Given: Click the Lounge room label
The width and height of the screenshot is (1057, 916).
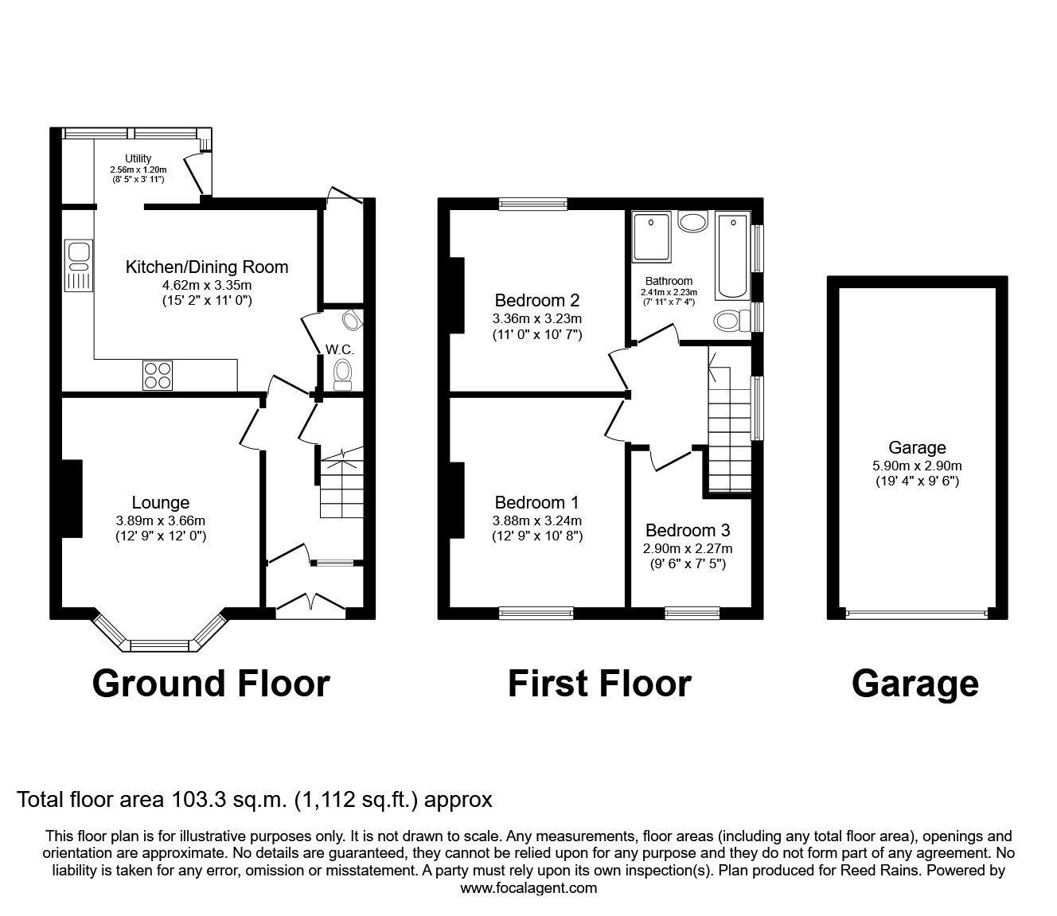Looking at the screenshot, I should [161, 502].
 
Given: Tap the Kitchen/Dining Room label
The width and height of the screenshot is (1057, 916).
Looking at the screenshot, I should [207, 267].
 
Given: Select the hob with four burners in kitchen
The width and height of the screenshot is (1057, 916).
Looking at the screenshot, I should [158, 375].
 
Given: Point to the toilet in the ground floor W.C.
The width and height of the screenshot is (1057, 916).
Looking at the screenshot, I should [343, 373].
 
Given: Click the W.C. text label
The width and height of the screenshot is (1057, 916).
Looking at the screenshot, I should [339, 349].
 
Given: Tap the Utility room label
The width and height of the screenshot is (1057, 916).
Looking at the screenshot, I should [138, 158].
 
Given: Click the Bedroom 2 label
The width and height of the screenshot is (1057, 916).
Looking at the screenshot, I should [536, 301].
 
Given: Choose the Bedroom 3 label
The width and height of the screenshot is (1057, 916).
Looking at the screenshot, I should [688, 530].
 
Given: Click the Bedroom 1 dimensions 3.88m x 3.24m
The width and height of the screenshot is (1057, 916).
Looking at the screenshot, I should [536, 521].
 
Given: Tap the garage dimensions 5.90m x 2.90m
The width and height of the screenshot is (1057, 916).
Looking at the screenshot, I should [918, 466].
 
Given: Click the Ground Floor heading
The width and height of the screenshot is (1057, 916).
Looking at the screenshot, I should [211, 683].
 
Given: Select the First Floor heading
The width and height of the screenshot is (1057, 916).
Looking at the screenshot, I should [599, 683].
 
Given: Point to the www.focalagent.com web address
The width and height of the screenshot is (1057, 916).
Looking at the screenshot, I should [528, 887].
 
